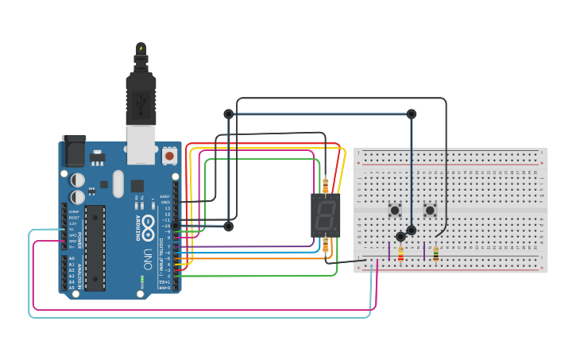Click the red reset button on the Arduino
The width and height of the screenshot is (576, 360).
[x=169, y=156]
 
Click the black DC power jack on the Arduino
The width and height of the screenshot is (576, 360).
[x=73, y=149]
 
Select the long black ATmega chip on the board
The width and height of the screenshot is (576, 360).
[x=95, y=247]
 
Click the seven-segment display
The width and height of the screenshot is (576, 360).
[x=326, y=215]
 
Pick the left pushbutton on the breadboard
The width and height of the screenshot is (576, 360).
[x=395, y=211]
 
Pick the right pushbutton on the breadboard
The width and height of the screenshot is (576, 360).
[x=430, y=211]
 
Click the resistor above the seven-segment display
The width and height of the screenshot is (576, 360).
[x=326, y=184]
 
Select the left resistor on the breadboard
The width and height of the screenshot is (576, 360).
[x=400, y=254]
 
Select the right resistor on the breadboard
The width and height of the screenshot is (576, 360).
[x=435, y=254]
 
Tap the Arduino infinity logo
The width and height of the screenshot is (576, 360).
[x=148, y=230]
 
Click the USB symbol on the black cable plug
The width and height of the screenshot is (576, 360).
[x=141, y=101]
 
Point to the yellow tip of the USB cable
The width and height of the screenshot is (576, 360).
[x=141, y=49]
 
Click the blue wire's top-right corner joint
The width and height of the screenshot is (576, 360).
[x=412, y=114]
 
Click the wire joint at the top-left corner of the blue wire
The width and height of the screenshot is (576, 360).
[x=229, y=114]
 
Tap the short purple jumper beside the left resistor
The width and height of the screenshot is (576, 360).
[x=389, y=251]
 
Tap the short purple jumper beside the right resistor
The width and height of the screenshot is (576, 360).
[x=424, y=251]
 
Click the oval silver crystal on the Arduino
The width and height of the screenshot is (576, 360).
[x=118, y=184]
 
